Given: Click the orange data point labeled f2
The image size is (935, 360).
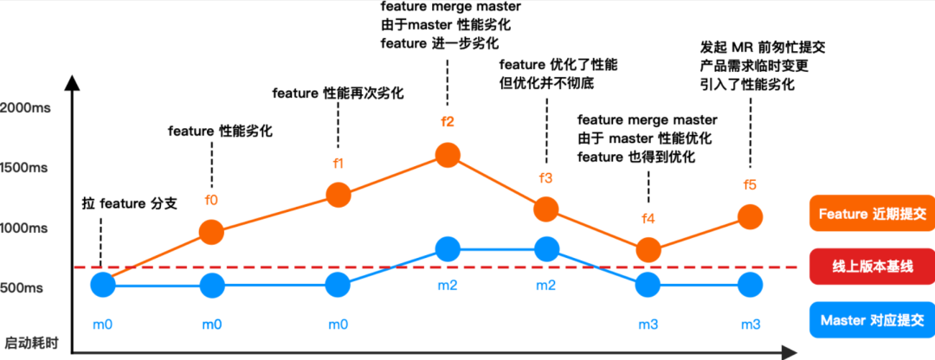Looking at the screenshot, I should coord(448,155).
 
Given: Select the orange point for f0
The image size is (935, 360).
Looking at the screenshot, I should coord(212,231).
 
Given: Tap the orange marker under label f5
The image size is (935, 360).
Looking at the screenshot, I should coord(751,217).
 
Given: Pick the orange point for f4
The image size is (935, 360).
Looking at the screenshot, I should coord(648,250).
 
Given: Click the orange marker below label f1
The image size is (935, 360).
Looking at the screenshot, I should coord(339,195).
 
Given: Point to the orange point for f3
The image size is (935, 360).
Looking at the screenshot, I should coord(546,209).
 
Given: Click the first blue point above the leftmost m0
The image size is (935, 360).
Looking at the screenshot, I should coord(103,284).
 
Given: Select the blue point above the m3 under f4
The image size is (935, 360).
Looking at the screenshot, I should coord(648,284).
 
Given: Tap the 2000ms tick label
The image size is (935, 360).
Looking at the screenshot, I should coord(28,108).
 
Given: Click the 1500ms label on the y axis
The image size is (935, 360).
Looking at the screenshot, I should coord(28,168).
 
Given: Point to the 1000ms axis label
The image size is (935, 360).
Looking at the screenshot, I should coord(28,228).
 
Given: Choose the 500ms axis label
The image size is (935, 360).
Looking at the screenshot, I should coord(30,287).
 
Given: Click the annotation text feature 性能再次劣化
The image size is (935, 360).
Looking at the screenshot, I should coord(339,93).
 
